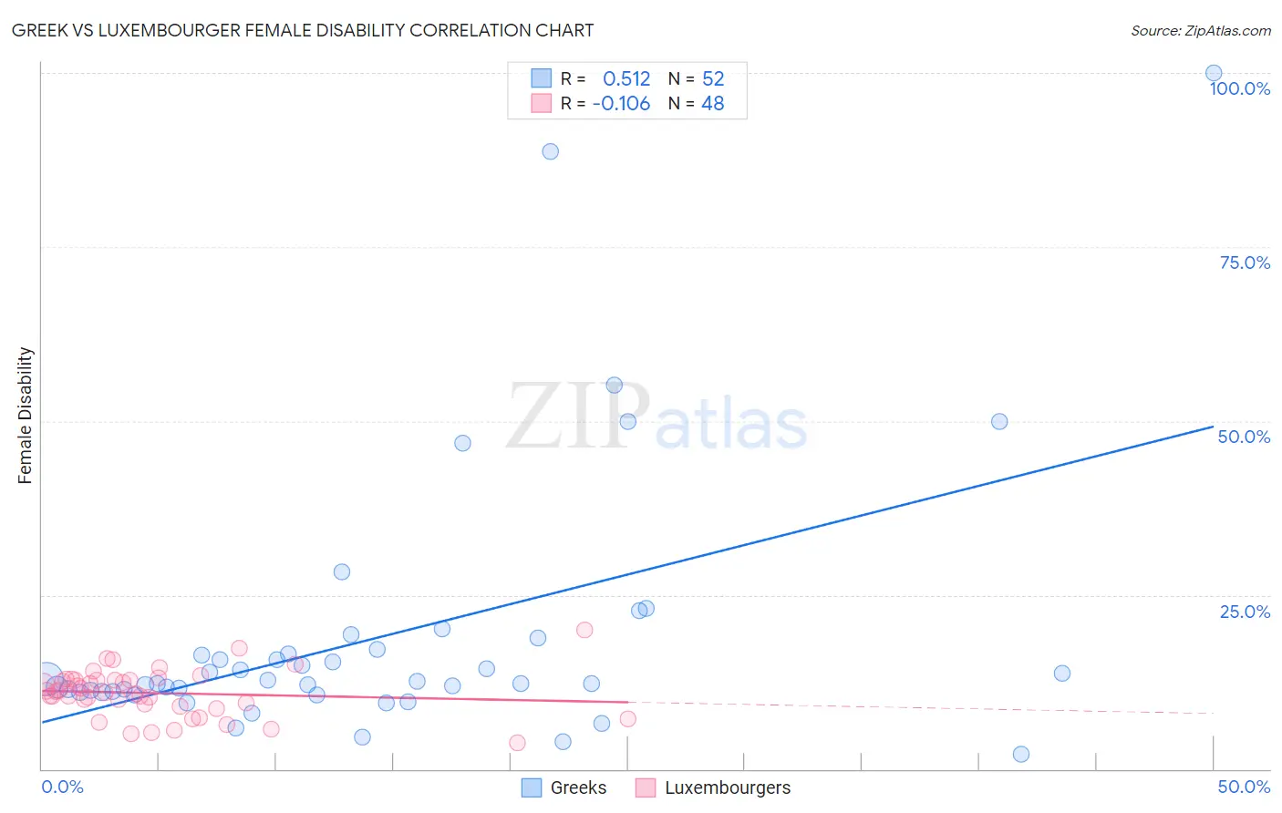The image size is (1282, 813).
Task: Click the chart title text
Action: tap(302, 30)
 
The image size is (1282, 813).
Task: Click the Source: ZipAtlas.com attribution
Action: tap(1200, 30)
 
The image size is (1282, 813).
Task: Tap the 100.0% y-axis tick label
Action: tap(1239, 88)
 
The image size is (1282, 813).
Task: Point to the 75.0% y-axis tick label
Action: tap(1245, 262)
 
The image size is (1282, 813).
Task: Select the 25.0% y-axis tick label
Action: tap(1245, 612)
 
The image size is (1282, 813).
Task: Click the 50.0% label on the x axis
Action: tap(1244, 787)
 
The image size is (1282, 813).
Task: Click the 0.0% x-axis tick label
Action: tap(63, 787)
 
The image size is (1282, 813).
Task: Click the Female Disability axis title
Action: tap(26, 415)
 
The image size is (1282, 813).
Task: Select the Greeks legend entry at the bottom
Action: tap(563, 787)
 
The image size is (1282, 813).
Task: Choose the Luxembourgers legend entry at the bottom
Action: tap(713, 787)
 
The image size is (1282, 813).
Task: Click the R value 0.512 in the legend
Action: tap(626, 78)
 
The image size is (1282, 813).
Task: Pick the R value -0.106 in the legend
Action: tap(621, 104)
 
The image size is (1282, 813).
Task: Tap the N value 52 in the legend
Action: tap(713, 78)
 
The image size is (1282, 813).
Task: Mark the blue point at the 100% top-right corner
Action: tap(1214, 73)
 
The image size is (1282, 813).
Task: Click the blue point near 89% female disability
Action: tap(550, 151)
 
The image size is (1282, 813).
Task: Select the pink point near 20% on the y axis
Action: tap(584, 630)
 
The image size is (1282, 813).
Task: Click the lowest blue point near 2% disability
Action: tap(1021, 754)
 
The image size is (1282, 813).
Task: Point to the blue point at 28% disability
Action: tap(342, 571)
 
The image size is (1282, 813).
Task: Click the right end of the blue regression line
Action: tap(1213, 426)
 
